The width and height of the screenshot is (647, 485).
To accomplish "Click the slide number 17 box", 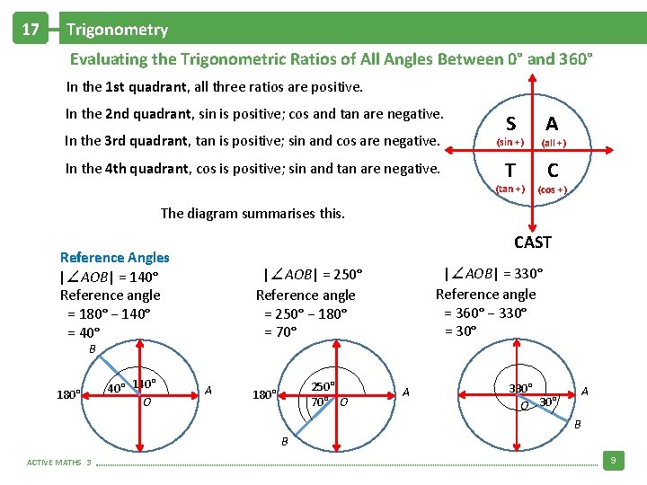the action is pos(30,30).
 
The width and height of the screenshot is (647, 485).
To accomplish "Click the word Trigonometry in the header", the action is pos(117,30).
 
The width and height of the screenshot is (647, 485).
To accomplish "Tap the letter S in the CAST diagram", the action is pos(510,124).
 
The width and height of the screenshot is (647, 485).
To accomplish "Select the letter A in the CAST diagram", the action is pos(553,124).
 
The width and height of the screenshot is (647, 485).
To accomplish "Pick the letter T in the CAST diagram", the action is pos(510,170).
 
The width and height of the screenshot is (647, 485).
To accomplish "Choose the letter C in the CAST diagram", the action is pos(553,170).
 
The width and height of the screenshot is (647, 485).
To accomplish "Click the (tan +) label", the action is pos(510,189).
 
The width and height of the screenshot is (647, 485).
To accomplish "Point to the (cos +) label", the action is pos(552,190).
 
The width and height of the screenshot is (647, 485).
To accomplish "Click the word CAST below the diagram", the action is pos(533,242).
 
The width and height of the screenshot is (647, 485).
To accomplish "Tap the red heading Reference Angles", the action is pos(114,258).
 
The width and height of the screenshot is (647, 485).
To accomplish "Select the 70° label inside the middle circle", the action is pos(320,401).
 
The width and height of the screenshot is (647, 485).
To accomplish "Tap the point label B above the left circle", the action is pos(92,348).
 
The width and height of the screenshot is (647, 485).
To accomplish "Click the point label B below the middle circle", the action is pos(285,441).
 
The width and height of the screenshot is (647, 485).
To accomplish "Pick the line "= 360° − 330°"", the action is pos(485,313).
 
